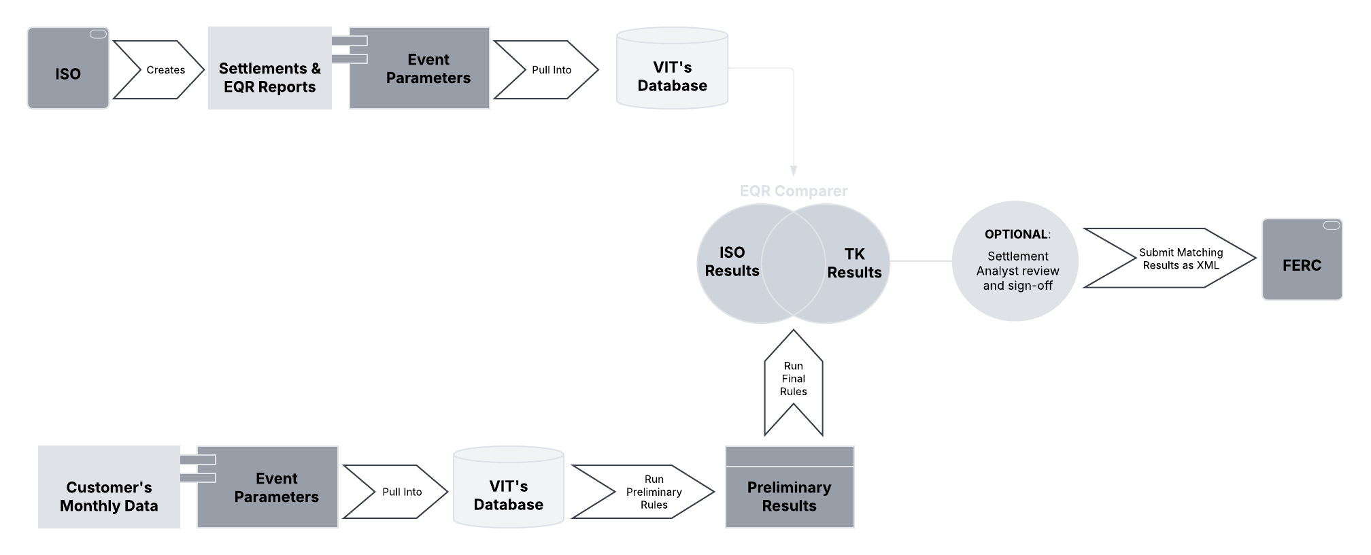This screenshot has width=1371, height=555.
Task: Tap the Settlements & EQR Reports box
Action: (269, 77)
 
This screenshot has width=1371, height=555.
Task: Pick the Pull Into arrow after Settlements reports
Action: (548, 69)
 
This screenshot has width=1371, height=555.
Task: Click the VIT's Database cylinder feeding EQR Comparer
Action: (672, 75)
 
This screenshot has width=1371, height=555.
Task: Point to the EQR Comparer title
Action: (793, 191)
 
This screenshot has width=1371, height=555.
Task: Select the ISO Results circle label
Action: (731, 261)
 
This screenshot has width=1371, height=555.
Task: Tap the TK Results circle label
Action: (854, 263)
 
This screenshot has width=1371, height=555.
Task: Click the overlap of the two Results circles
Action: (793, 262)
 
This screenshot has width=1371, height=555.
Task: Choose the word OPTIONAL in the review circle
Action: (1016, 234)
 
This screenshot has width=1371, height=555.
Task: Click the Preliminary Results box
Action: (789, 495)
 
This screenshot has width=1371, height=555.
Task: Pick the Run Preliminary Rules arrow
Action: (649, 492)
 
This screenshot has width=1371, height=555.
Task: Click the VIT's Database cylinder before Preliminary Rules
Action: (508, 494)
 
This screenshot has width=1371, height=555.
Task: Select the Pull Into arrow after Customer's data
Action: (399, 492)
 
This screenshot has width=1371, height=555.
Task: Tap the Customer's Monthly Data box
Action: (109, 495)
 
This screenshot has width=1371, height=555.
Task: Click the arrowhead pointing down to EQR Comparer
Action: (793, 171)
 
